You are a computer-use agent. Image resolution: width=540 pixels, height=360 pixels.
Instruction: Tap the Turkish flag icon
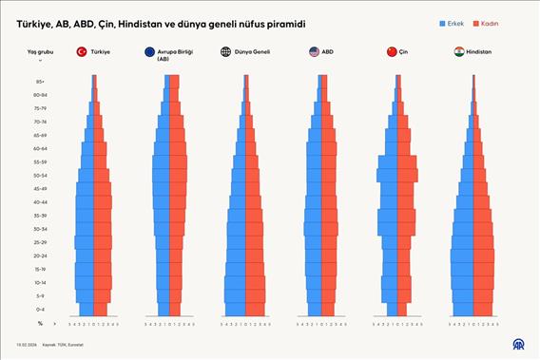pyautogui.click(x=82, y=52)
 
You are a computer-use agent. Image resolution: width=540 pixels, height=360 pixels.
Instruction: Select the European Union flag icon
pyautogui.click(x=151, y=53)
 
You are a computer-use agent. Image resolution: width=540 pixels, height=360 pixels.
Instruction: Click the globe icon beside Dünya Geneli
pyautogui.click(x=225, y=52)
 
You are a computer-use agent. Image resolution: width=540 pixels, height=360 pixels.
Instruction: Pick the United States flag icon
pyautogui.click(x=315, y=52)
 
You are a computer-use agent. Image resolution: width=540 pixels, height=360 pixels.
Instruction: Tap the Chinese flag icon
pyautogui.click(x=392, y=52)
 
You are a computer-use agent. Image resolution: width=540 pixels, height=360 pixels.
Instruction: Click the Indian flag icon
pyautogui.click(x=459, y=52)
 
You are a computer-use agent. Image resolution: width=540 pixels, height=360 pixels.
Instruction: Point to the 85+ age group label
pyautogui.click(x=41, y=82)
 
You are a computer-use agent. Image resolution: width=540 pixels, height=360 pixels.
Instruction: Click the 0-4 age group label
pyautogui.click(x=41, y=310)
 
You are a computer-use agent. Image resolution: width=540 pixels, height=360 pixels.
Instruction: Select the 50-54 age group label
pyautogui.click(x=41, y=176)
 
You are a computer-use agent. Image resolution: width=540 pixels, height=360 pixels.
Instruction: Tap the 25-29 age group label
pyautogui.click(x=41, y=242)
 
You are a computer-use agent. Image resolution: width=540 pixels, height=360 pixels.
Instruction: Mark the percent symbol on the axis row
pyautogui.click(x=41, y=324)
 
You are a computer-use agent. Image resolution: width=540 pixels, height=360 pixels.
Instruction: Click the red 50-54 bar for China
pyautogui.click(x=408, y=176)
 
